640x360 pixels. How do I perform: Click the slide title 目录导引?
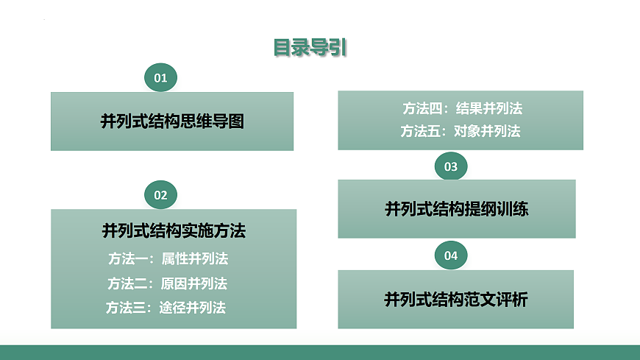(x=310, y=48)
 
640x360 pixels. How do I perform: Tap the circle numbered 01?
(x=160, y=77)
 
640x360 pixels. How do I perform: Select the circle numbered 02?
(x=160, y=195)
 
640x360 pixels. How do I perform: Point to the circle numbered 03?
(x=451, y=166)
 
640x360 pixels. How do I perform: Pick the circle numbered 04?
(x=451, y=255)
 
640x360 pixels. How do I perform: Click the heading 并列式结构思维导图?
(x=172, y=121)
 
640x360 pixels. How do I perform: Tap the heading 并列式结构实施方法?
(x=174, y=231)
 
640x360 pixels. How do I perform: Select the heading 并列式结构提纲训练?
(x=456, y=209)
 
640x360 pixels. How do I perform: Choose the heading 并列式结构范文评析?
(x=456, y=300)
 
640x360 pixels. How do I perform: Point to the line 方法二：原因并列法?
(x=167, y=283)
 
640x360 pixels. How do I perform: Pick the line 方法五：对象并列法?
(x=461, y=132)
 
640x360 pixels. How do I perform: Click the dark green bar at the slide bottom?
(x=320, y=352)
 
